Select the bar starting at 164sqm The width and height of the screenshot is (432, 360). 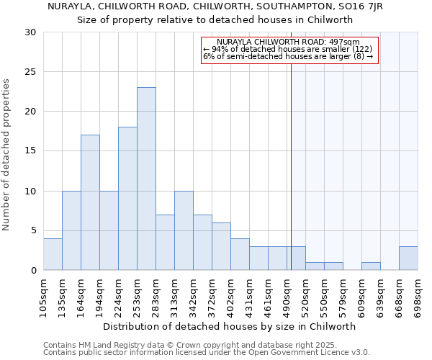90,202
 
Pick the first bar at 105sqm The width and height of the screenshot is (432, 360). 53,254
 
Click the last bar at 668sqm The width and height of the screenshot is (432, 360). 408,258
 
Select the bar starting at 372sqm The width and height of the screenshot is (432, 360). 221,246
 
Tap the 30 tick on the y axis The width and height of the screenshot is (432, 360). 30,32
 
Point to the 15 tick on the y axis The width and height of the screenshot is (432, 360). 30,151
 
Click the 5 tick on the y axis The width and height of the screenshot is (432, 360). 32,230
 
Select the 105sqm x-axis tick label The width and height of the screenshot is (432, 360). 43,296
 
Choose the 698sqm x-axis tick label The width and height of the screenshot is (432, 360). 418,296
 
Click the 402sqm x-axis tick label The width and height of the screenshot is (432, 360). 230,296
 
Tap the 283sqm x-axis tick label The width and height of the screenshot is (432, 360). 156,296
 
